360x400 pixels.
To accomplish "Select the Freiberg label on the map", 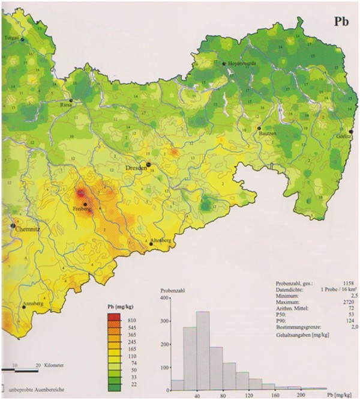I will tap(81, 209).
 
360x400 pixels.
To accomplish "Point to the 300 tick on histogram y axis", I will tap(163, 322).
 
